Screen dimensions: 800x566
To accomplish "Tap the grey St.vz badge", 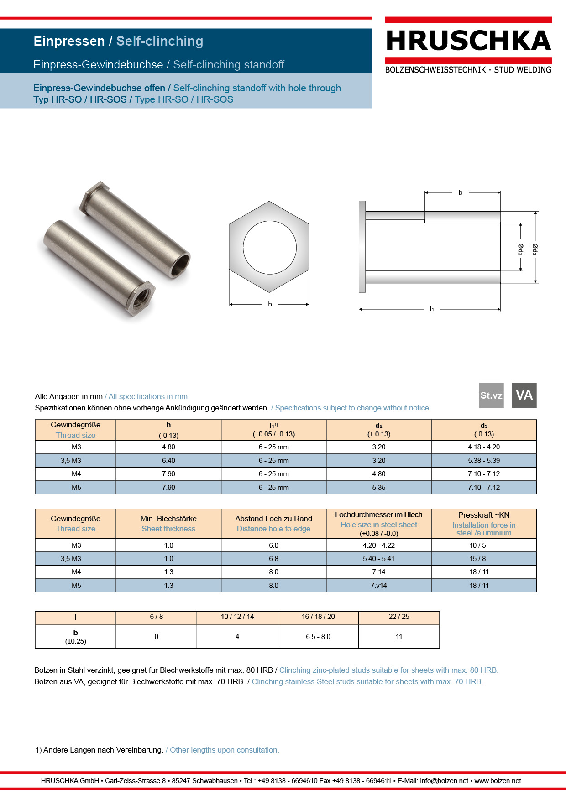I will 491,395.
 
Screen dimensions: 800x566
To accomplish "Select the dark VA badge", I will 524,395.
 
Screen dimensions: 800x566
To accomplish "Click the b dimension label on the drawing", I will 461,192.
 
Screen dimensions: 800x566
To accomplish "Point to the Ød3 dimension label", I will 535,249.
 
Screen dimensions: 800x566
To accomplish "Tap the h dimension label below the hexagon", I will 270,304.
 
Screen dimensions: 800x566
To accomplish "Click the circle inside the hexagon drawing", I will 269,247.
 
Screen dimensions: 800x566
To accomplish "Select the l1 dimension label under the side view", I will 431,309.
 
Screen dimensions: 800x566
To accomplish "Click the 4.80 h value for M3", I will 168,447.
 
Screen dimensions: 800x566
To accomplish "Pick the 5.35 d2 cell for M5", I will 378,488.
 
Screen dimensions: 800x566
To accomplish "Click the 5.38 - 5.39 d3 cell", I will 483,461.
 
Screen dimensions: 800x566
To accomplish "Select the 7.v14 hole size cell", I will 378,586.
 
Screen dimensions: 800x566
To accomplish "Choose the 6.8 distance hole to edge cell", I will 273,559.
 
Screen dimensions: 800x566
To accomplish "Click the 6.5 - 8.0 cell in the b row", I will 318,637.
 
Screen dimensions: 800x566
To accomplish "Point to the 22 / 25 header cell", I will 398,617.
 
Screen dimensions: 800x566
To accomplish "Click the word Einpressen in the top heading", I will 69,41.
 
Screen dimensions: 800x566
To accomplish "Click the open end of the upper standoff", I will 180,265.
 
